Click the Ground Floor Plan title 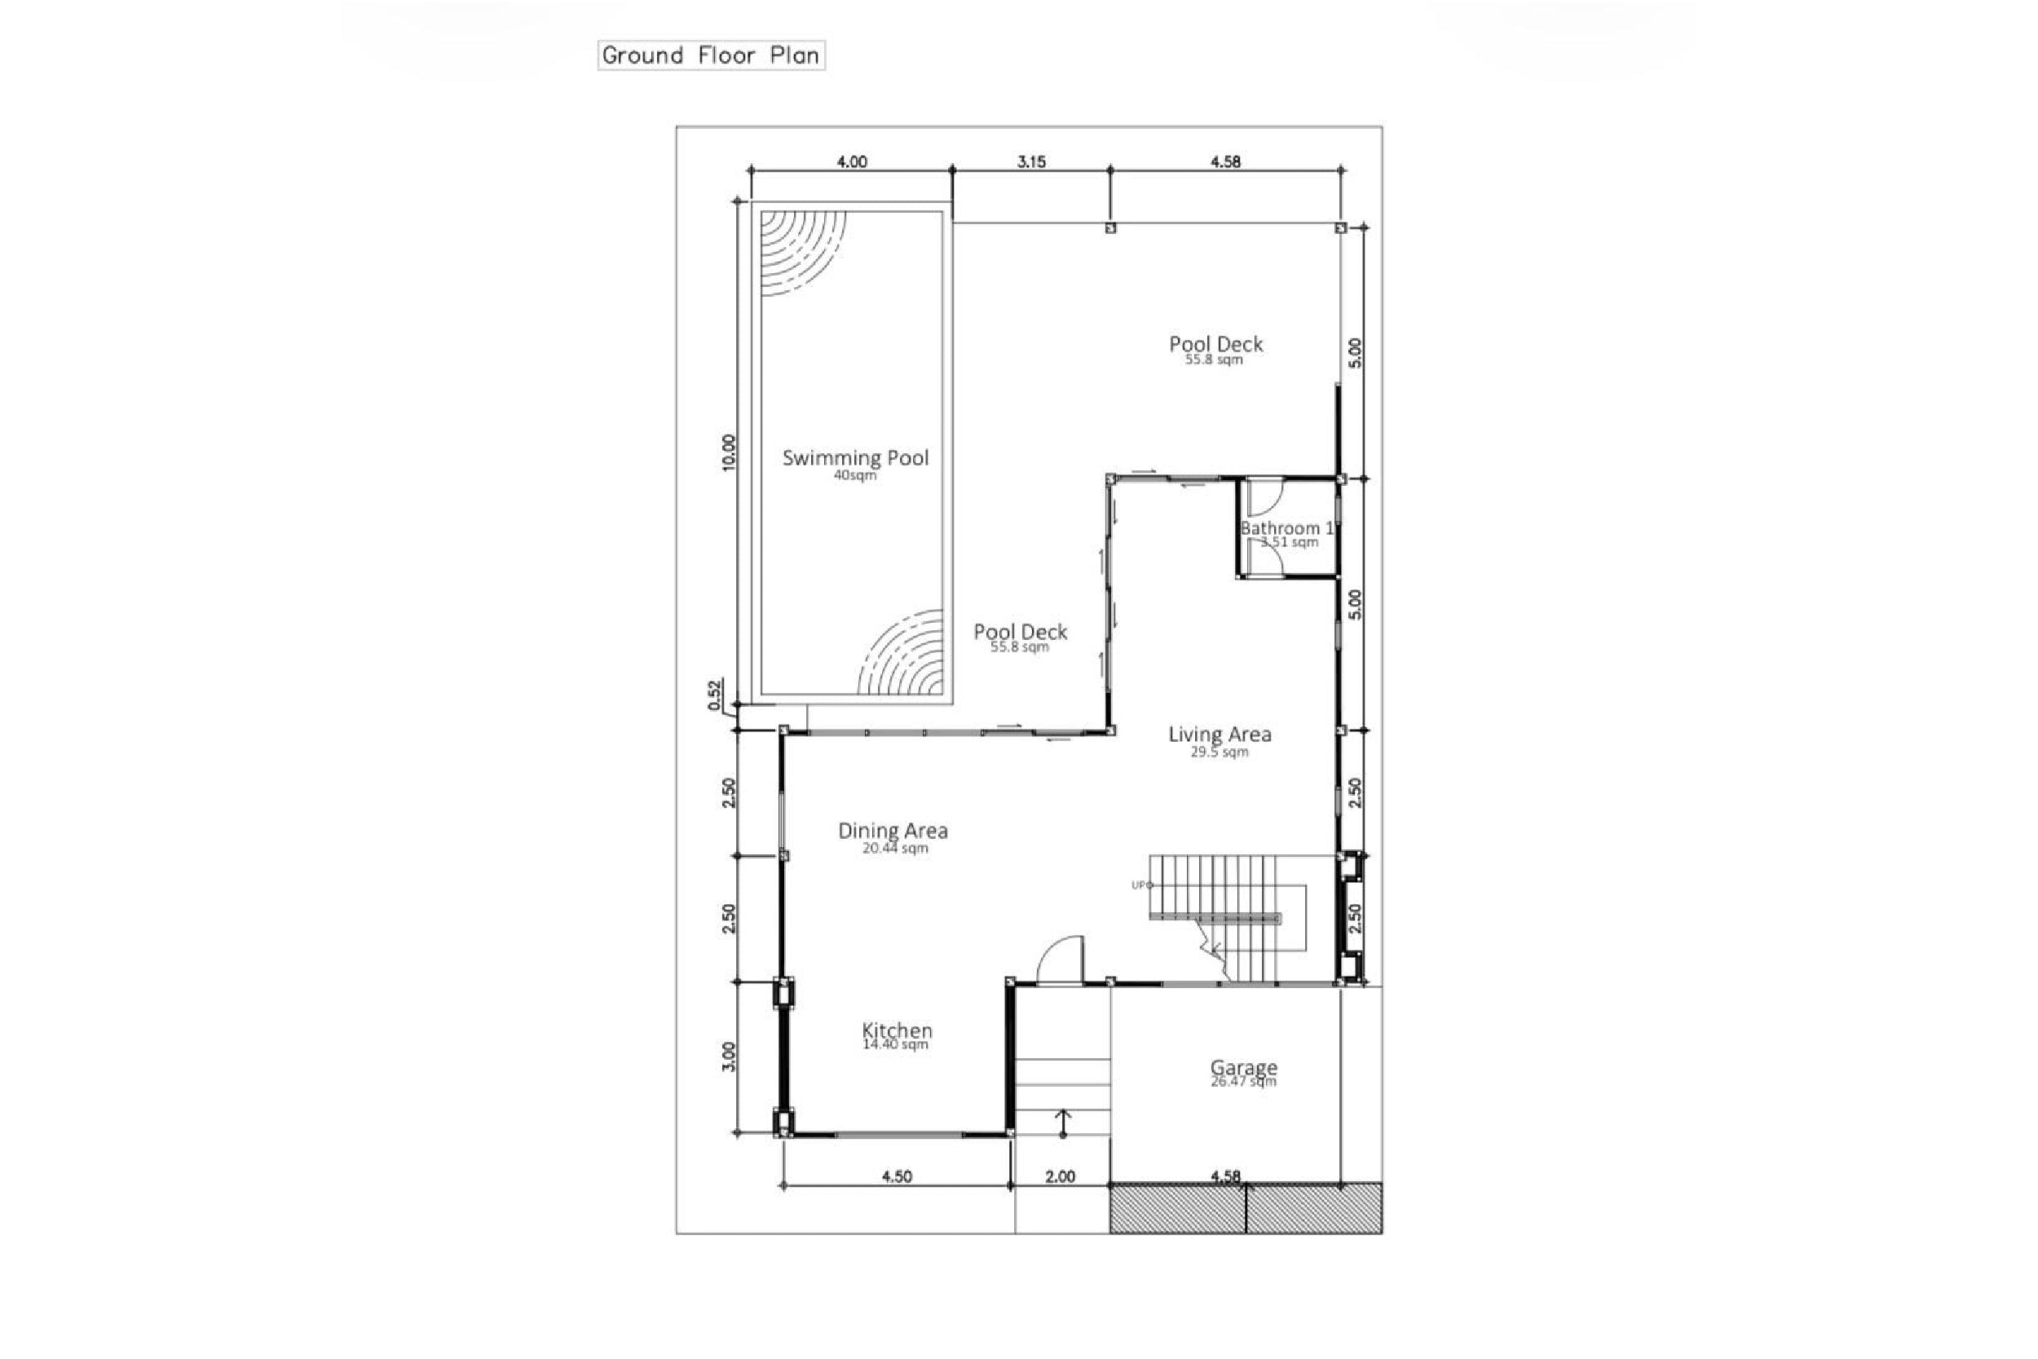tap(711, 55)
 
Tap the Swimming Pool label tap(855, 457)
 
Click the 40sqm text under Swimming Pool tap(855, 476)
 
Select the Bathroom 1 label tap(1286, 527)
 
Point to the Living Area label tap(1220, 734)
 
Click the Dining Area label tap(893, 830)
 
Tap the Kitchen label tap(897, 1030)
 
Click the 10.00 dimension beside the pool tap(729, 452)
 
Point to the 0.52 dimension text tap(715, 695)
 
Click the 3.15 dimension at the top tap(1031, 161)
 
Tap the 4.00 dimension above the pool tap(851, 161)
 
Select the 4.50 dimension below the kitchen tap(896, 1176)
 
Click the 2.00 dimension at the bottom tap(1060, 1176)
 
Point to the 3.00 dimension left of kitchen tap(729, 1057)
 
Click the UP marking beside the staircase tap(1141, 885)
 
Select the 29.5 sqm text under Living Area tap(1220, 752)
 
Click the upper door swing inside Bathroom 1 tap(1264, 497)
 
